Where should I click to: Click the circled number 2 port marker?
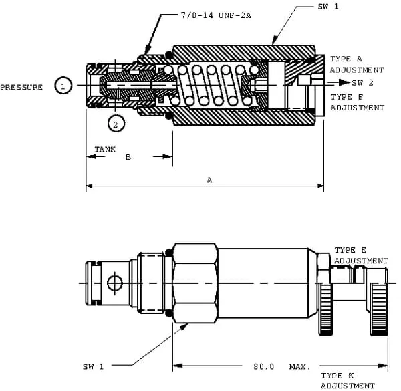[115, 124]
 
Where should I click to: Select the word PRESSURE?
[21, 87]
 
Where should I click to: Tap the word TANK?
[104, 149]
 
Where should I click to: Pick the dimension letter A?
[209, 180]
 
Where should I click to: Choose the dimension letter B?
[128, 158]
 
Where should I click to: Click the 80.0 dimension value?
[263, 366]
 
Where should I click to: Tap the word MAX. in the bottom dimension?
[299, 366]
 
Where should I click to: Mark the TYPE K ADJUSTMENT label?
[348, 380]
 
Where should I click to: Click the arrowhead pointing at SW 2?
[344, 82]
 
